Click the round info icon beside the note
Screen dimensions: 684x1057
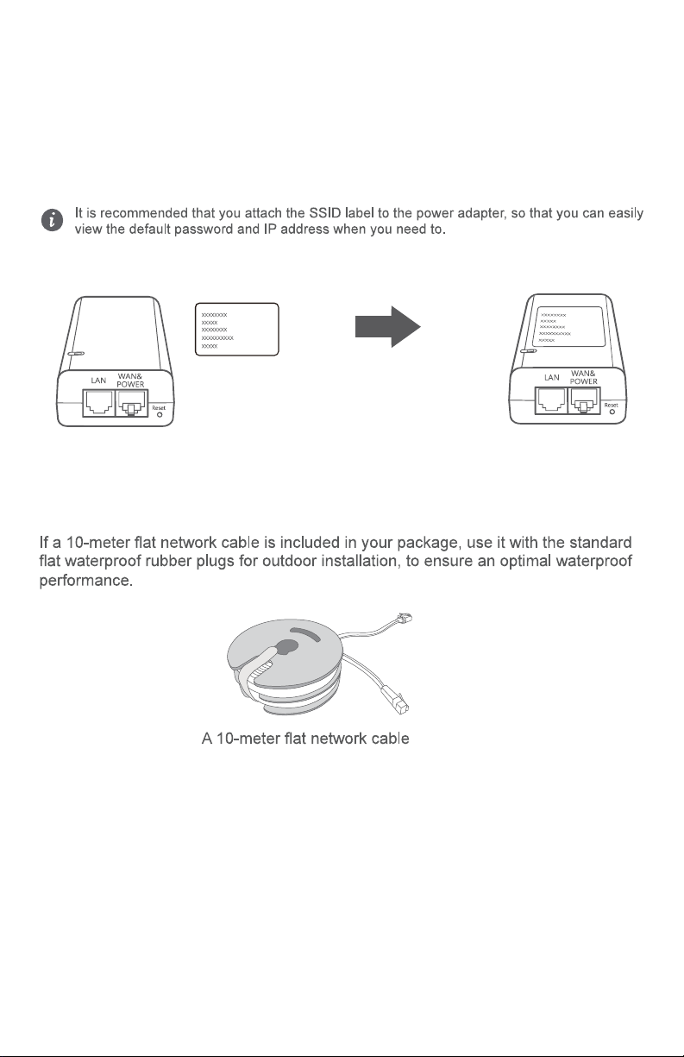click(53, 221)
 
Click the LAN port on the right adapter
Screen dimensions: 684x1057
click(550, 403)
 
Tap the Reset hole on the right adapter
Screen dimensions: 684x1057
click(612, 413)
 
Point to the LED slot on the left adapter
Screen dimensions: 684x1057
click(76, 354)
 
